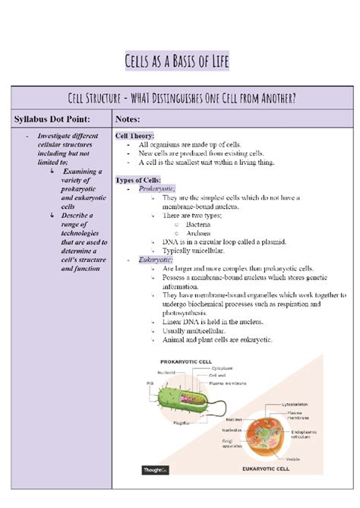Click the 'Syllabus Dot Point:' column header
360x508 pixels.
coord(52,118)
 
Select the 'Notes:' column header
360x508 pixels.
coord(131,118)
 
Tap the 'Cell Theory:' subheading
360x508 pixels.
coord(134,136)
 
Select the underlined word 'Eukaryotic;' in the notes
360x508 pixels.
coord(156,260)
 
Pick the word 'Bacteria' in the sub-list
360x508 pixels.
coord(198,224)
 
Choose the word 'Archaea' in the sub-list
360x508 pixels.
coord(198,232)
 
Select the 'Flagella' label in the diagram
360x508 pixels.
coord(182,423)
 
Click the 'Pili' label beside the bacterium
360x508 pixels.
coord(150,383)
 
